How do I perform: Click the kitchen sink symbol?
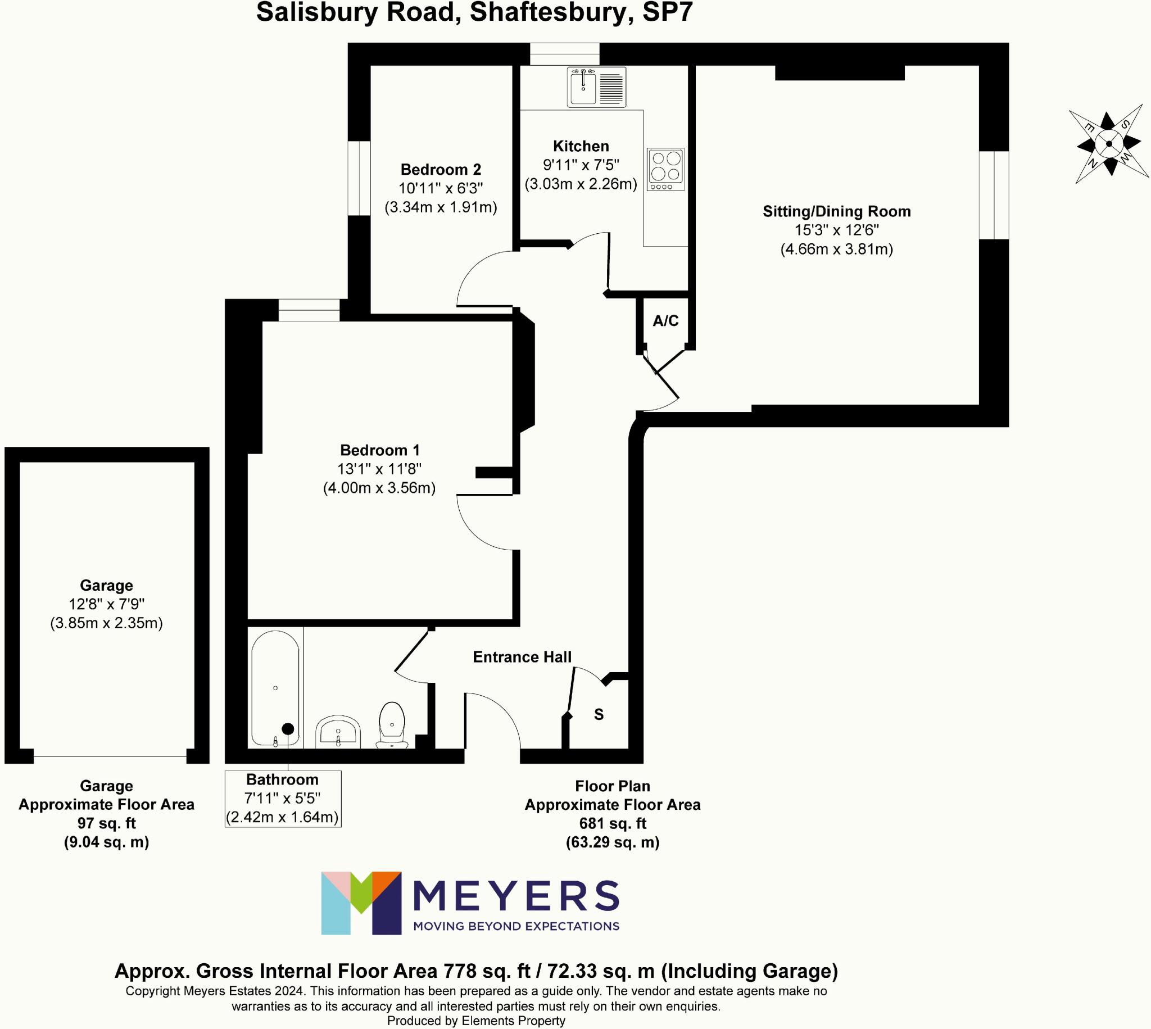[596, 87]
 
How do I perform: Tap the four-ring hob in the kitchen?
[665, 169]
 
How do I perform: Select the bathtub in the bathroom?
[275, 687]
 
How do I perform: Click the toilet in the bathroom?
[392, 724]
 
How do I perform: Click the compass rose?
[1109, 144]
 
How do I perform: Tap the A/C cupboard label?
[665, 321]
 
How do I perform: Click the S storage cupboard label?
[599, 715]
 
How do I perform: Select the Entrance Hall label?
[522, 657]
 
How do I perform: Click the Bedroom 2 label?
[441, 170]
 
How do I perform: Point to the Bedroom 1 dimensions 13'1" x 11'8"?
[379, 469]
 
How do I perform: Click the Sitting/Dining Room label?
[837, 211]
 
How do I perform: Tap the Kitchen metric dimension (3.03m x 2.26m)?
[581, 184]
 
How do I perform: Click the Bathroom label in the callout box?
[282, 779]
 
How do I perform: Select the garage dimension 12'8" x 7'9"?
[106, 604]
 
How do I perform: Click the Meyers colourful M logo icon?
[361, 903]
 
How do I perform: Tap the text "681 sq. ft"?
[612, 823]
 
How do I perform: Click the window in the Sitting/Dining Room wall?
[994, 195]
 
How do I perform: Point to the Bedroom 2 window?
[359, 178]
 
